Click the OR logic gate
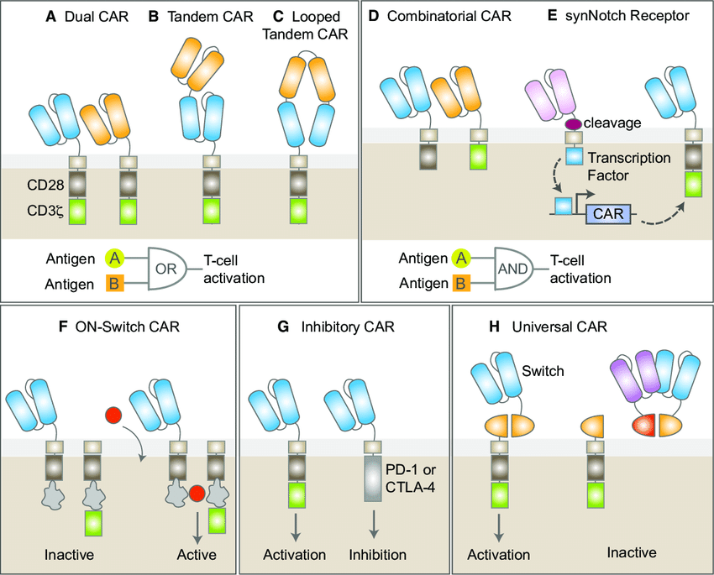(171, 269)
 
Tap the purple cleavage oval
(573, 124)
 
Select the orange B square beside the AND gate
(461, 283)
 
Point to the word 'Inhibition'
(378, 555)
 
